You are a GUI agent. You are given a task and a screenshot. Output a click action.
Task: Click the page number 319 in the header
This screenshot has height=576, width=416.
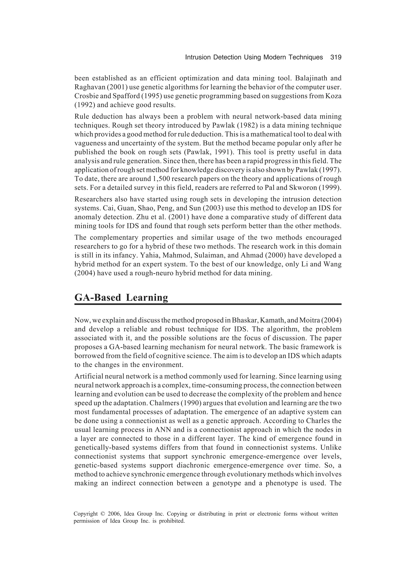click(x=336, y=57)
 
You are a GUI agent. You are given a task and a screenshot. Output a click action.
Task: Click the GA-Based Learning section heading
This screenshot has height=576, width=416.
click(x=121, y=297)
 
